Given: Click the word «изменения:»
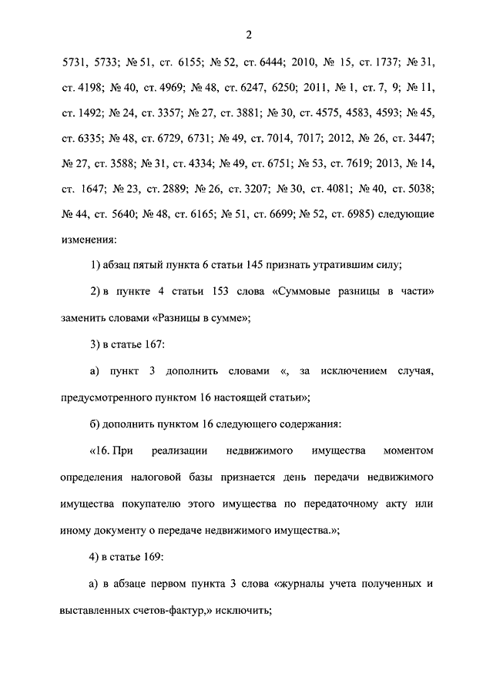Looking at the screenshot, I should click(89, 238).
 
